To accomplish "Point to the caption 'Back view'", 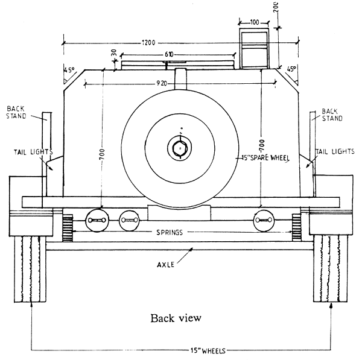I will click(x=176, y=318).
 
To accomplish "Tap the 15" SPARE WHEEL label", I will click(x=263, y=158).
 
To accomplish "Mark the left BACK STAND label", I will click(x=16, y=112).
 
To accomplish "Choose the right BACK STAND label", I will click(x=332, y=115).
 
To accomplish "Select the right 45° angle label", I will click(x=292, y=69).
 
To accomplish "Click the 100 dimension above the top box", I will click(x=254, y=22).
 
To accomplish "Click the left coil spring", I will click(x=67, y=226).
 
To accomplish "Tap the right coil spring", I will click(x=297, y=226).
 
